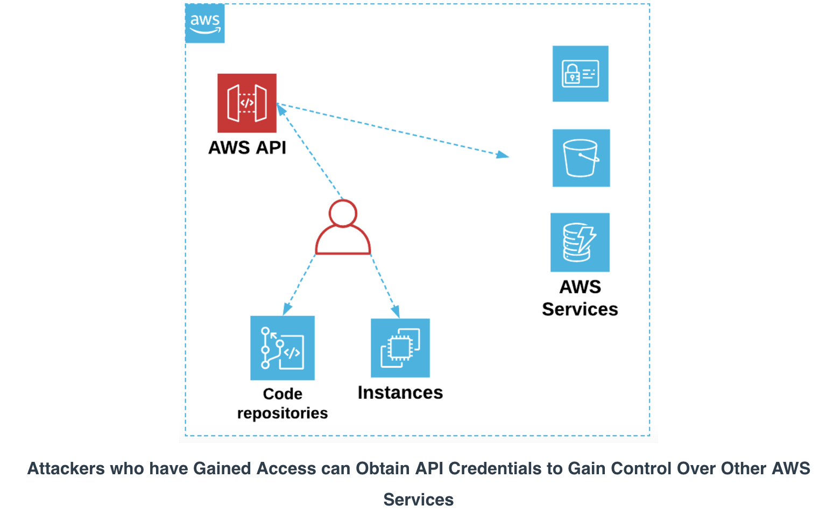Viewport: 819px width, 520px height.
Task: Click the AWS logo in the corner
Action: pos(204,23)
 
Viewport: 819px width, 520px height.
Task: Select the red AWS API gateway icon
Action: pos(247,103)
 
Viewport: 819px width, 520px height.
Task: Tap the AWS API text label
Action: pos(247,147)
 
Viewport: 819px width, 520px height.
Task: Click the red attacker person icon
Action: pos(343,227)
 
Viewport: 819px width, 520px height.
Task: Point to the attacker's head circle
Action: pos(343,200)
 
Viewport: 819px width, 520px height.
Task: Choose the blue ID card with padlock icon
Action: pos(580,74)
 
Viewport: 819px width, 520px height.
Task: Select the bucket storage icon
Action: pos(581,158)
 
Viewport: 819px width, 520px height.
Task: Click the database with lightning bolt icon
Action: pos(580,242)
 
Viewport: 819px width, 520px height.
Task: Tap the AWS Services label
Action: pos(580,298)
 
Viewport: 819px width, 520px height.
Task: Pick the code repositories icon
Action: pos(283,348)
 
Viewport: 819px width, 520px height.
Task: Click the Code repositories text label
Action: pos(283,404)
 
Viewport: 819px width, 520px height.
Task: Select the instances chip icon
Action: pos(400,348)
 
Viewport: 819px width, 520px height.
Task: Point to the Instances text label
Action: pos(400,393)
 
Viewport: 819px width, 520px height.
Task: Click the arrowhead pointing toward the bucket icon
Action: pos(503,154)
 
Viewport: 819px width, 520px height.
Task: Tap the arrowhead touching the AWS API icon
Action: pos(281,110)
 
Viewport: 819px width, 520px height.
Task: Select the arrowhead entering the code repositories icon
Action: pos(287,309)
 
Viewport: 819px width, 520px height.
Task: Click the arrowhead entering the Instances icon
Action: pos(396,312)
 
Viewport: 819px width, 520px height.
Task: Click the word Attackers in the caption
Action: pos(66,468)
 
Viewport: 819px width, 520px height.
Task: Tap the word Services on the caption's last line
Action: pos(418,500)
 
